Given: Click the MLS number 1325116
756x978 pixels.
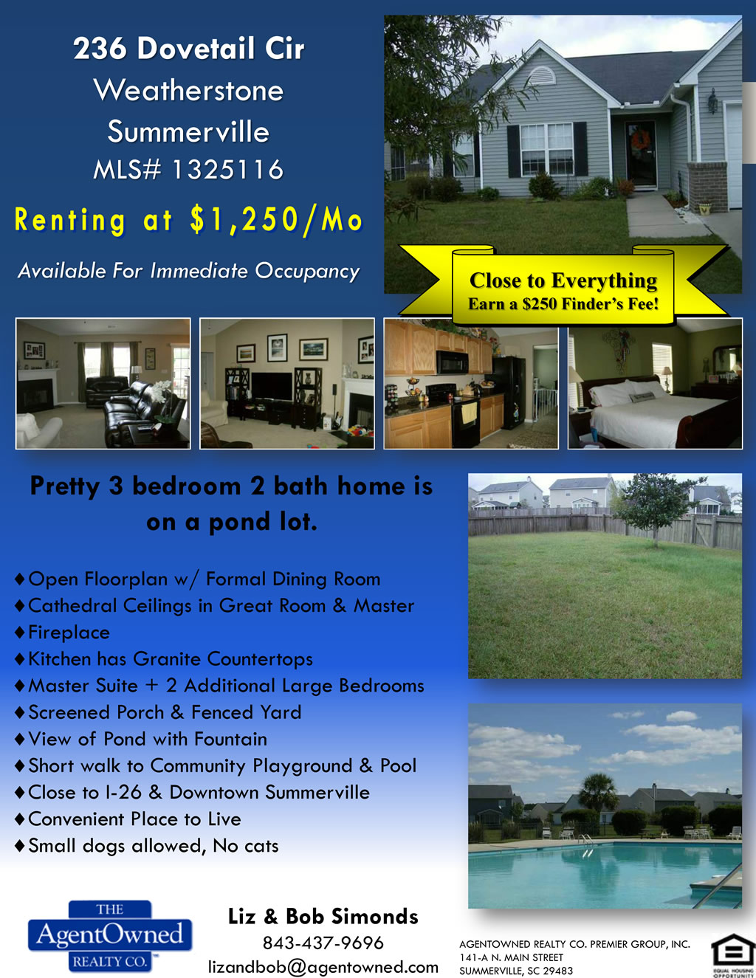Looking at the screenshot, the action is tap(227, 170).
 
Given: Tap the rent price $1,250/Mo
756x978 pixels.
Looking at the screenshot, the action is tap(276, 220).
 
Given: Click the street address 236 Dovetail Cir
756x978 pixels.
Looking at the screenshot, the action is tap(189, 48).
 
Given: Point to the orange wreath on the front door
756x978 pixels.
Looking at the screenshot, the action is tap(640, 140).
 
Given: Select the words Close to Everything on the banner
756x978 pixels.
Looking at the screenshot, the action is tap(563, 280).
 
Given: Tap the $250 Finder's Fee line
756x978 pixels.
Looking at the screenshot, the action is tap(563, 304).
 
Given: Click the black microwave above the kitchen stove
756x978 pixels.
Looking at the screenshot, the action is tap(453, 362).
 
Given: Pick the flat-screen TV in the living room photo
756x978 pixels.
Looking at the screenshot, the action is tap(272, 386).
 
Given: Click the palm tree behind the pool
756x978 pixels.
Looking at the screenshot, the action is tap(598, 796).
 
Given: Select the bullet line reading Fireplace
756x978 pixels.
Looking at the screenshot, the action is tap(63, 633).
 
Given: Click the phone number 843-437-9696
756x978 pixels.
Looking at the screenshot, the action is tap(323, 943).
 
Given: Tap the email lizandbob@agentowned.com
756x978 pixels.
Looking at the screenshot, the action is tap(323, 966).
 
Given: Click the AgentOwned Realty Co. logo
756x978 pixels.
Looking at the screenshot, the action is tap(110, 936).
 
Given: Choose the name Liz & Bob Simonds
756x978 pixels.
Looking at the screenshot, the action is tap(323, 916).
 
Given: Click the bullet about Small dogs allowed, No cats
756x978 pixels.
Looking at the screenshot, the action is tap(147, 846).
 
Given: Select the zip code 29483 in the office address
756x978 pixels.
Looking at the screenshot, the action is tap(558, 971).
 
